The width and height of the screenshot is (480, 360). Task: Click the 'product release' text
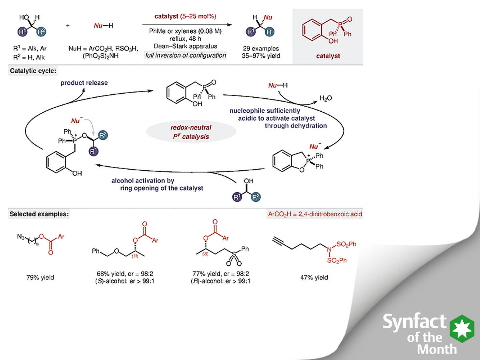coord(84,83)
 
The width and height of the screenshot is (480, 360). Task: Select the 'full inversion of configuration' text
coord(185,55)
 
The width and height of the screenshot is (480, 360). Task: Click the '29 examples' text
coord(261,48)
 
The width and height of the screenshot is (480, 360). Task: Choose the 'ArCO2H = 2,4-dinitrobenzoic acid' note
coord(315,214)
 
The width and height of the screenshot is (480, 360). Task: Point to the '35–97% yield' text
coord(261,56)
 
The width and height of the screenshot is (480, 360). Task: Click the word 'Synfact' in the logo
coord(414,322)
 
